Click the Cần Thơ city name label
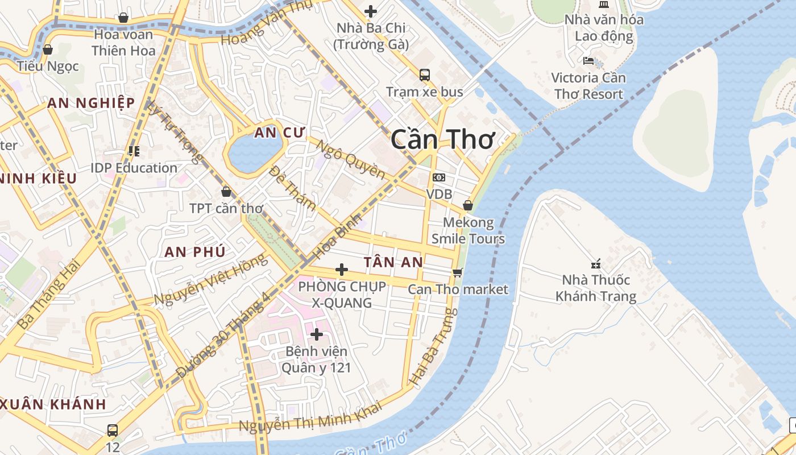point(442,139)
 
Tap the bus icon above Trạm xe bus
point(425,75)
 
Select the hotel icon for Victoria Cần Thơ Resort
point(588,60)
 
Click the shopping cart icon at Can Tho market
point(458,272)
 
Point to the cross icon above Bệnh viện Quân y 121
point(317,334)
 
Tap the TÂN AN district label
point(393,262)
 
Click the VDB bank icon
point(439,177)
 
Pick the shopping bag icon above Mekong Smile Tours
point(468,205)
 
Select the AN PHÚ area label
point(195,252)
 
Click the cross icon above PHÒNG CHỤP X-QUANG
point(342,270)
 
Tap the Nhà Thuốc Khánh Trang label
point(596,288)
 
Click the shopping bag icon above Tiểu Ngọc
point(48,49)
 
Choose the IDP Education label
point(134,168)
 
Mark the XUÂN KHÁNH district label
point(53,405)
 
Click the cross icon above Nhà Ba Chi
point(371,11)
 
